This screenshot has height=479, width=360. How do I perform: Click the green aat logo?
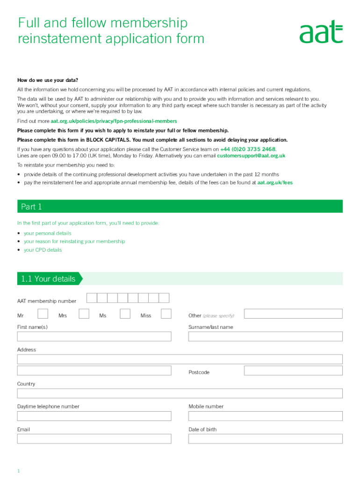[x=321, y=31]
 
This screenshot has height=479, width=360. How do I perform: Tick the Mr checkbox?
[x=43, y=314]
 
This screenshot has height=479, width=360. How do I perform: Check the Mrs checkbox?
[x=84, y=314]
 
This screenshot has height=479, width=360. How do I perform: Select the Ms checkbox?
[x=125, y=314]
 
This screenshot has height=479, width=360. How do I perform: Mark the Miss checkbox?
[x=166, y=314]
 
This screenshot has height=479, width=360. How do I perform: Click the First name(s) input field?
[x=94, y=337]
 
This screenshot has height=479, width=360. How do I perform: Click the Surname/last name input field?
[x=265, y=337]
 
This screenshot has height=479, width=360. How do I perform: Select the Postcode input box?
[x=293, y=370]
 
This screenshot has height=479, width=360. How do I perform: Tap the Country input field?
[x=180, y=393]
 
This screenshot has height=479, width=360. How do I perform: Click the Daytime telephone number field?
[x=94, y=416]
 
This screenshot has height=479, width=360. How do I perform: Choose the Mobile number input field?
[x=265, y=416]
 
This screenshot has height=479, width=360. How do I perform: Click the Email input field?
[x=94, y=439]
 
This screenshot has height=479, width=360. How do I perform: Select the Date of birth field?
[x=265, y=439]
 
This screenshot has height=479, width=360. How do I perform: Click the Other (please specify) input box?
[x=293, y=314]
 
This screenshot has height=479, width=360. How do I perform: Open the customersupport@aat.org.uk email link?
[x=251, y=156]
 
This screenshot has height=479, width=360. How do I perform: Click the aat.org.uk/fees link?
[x=275, y=183]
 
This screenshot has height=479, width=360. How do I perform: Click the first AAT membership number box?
[x=92, y=298]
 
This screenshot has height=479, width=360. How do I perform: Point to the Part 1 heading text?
[x=31, y=207]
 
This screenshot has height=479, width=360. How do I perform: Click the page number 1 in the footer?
[x=19, y=471]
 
